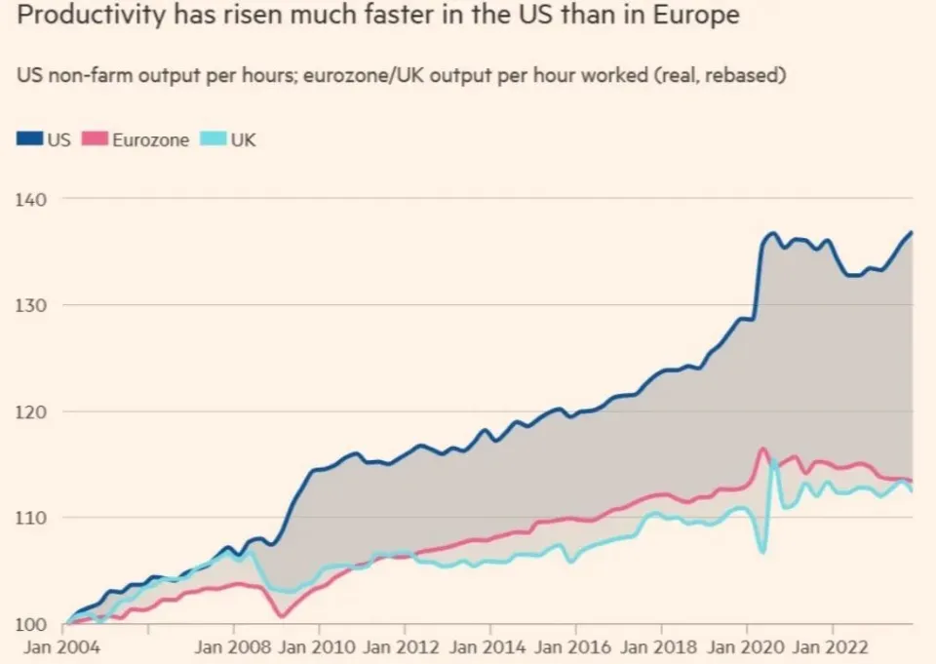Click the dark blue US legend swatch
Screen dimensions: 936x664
[x=30, y=139]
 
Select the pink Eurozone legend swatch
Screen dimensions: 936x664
[x=95, y=139]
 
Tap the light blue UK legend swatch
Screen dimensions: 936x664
[x=214, y=139]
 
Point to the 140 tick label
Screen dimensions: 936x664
[x=30, y=200]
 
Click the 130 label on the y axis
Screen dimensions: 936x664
[x=30, y=306]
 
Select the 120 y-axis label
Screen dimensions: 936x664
[x=30, y=412]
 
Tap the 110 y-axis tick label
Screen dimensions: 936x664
[x=30, y=518]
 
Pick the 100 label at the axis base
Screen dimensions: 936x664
[x=30, y=625]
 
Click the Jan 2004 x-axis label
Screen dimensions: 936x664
[x=62, y=647]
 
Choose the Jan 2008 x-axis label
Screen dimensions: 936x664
[x=233, y=647]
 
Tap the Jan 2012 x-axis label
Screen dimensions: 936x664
[x=401, y=647]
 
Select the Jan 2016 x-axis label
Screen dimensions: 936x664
[x=573, y=647]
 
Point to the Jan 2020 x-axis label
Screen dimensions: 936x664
[x=746, y=647]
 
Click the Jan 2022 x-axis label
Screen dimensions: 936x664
[x=831, y=647]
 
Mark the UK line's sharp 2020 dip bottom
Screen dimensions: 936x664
[x=762, y=551]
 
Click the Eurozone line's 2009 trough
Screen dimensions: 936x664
[x=283, y=615]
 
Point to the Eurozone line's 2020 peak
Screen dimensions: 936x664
[x=762, y=449]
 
